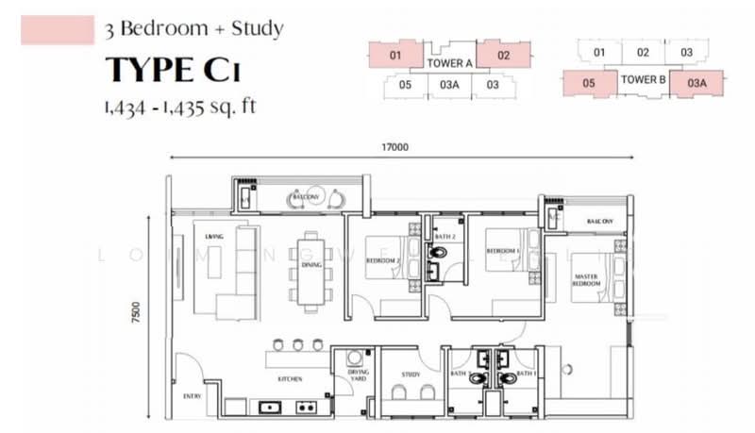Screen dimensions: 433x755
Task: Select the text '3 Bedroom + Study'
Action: pos(194,28)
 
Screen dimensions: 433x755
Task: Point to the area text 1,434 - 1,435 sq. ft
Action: pos(178,106)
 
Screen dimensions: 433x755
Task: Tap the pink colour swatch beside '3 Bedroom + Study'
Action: pos(57,30)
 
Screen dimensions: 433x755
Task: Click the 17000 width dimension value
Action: pos(394,147)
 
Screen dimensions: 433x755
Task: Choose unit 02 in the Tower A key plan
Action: pos(503,56)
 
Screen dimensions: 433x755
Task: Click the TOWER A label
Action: pos(449,63)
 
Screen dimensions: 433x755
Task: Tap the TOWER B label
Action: pos(644,80)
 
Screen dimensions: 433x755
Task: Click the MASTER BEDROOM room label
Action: pos(586,280)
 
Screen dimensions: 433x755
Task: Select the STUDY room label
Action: pos(411,375)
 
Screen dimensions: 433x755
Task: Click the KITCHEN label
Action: pos(289,378)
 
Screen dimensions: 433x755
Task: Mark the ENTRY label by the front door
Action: pos(192,395)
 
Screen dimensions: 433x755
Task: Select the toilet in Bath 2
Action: pos(436,253)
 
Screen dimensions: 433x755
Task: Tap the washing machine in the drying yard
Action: pos(355,359)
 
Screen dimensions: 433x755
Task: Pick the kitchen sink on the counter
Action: pos(267,408)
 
